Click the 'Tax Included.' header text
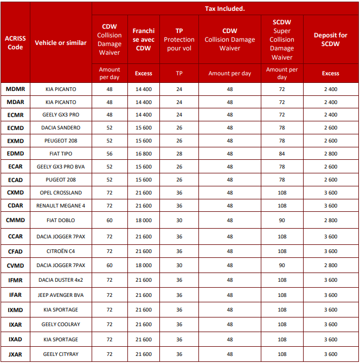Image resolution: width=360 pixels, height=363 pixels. click(x=224, y=9)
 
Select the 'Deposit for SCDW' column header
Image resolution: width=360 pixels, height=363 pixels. click(x=330, y=40)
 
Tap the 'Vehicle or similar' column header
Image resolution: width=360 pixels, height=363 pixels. click(x=61, y=43)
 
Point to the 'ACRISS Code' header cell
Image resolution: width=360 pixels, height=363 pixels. click(x=15, y=43)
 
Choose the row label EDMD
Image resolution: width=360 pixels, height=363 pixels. click(x=15, y=153)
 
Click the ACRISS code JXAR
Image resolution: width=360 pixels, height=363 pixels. click(x=15, y=354)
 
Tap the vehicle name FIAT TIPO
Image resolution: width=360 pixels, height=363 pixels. click(x=61, y=153)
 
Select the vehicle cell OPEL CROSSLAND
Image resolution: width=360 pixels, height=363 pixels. click(x=61, y=192)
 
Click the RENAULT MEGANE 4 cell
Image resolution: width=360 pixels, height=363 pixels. click(x=61, y=205)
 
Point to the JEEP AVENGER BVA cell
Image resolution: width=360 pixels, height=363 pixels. click(x=61, y=295)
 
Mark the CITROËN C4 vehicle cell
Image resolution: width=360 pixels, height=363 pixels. click(x=61, y=251)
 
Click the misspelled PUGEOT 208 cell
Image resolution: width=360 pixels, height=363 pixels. click(x=61, y=179)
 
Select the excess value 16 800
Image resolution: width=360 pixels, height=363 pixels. click(x=143, y=153)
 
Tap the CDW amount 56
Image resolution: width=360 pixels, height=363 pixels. click(x=110, y=153)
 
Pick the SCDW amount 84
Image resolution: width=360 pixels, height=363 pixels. click(x=282, y=153)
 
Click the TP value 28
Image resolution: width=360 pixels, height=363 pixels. click(x=179, y=153)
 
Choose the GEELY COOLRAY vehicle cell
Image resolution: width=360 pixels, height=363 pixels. click(x=61, y=325)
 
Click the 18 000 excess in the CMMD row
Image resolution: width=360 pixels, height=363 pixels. click(x=143, y=221)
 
